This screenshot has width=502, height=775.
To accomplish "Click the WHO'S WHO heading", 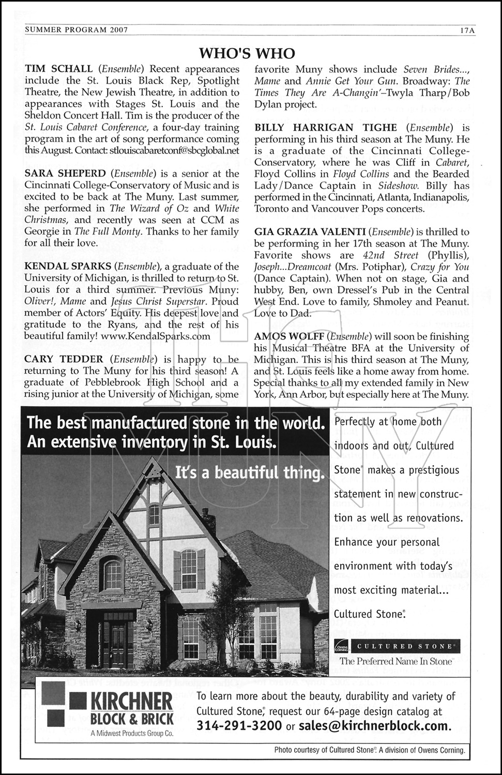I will (247, 53).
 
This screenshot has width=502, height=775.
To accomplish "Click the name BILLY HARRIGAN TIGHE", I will (326, 127).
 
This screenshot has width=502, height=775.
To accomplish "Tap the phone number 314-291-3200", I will (239, 725).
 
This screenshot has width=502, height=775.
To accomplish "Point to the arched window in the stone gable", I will (113, 574).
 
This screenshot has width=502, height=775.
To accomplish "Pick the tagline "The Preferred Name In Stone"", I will (395, 661).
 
